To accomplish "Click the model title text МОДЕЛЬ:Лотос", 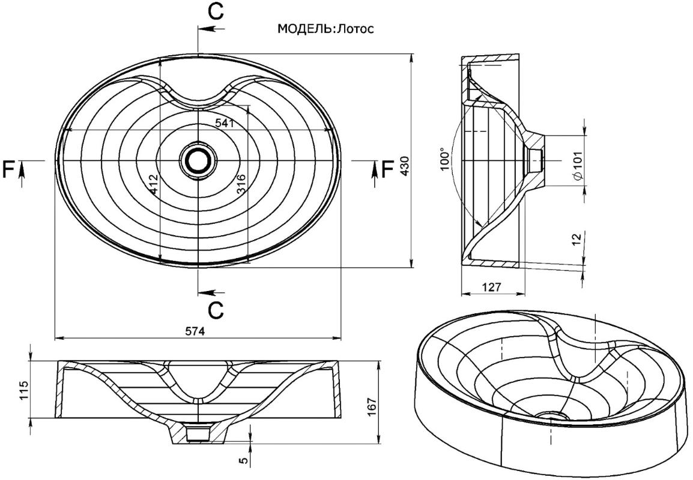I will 325,29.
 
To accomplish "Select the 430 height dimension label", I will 404,165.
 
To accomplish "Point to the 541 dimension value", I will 224,122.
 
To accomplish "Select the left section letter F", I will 9,170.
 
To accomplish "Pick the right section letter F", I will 387,170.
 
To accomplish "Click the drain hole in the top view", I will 197,161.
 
